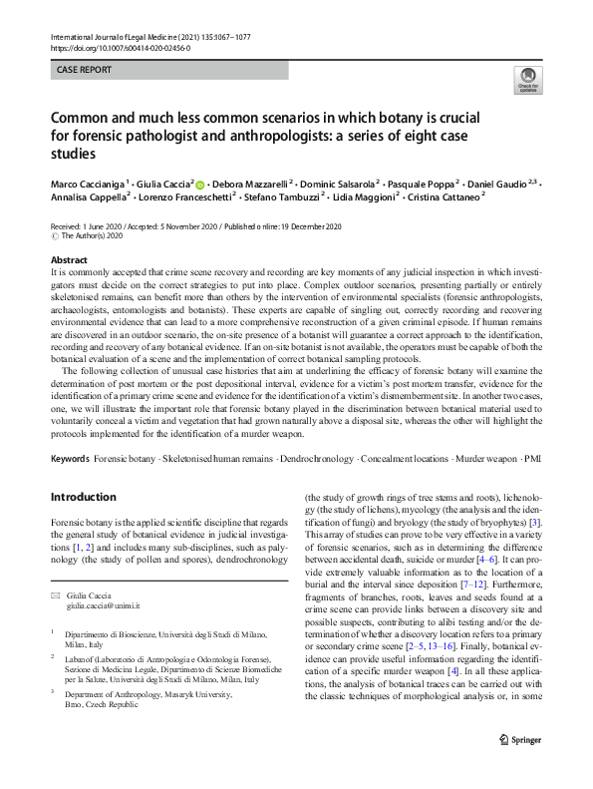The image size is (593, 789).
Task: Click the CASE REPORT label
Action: click(86, 70)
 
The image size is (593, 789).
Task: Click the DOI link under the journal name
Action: click(120, 47)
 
